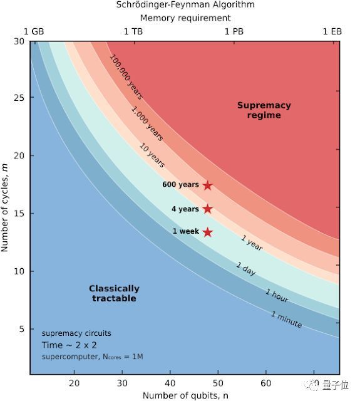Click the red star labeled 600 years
tap(207, 185)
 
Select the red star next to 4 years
tap(207, 209)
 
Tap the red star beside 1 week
tap(207, 232)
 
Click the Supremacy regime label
tap(259, 110)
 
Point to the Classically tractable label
tap(113, 293)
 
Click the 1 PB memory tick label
tap(234, 31)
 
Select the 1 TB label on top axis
tap(134, 31)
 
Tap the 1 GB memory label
tap(34, 31)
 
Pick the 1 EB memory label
tap(332, 31)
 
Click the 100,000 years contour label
tap(126, 77)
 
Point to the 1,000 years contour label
tap(147, 123)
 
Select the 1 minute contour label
tap(286, 319)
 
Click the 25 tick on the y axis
tap(19, 98)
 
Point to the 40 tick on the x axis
tap(170, 383)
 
